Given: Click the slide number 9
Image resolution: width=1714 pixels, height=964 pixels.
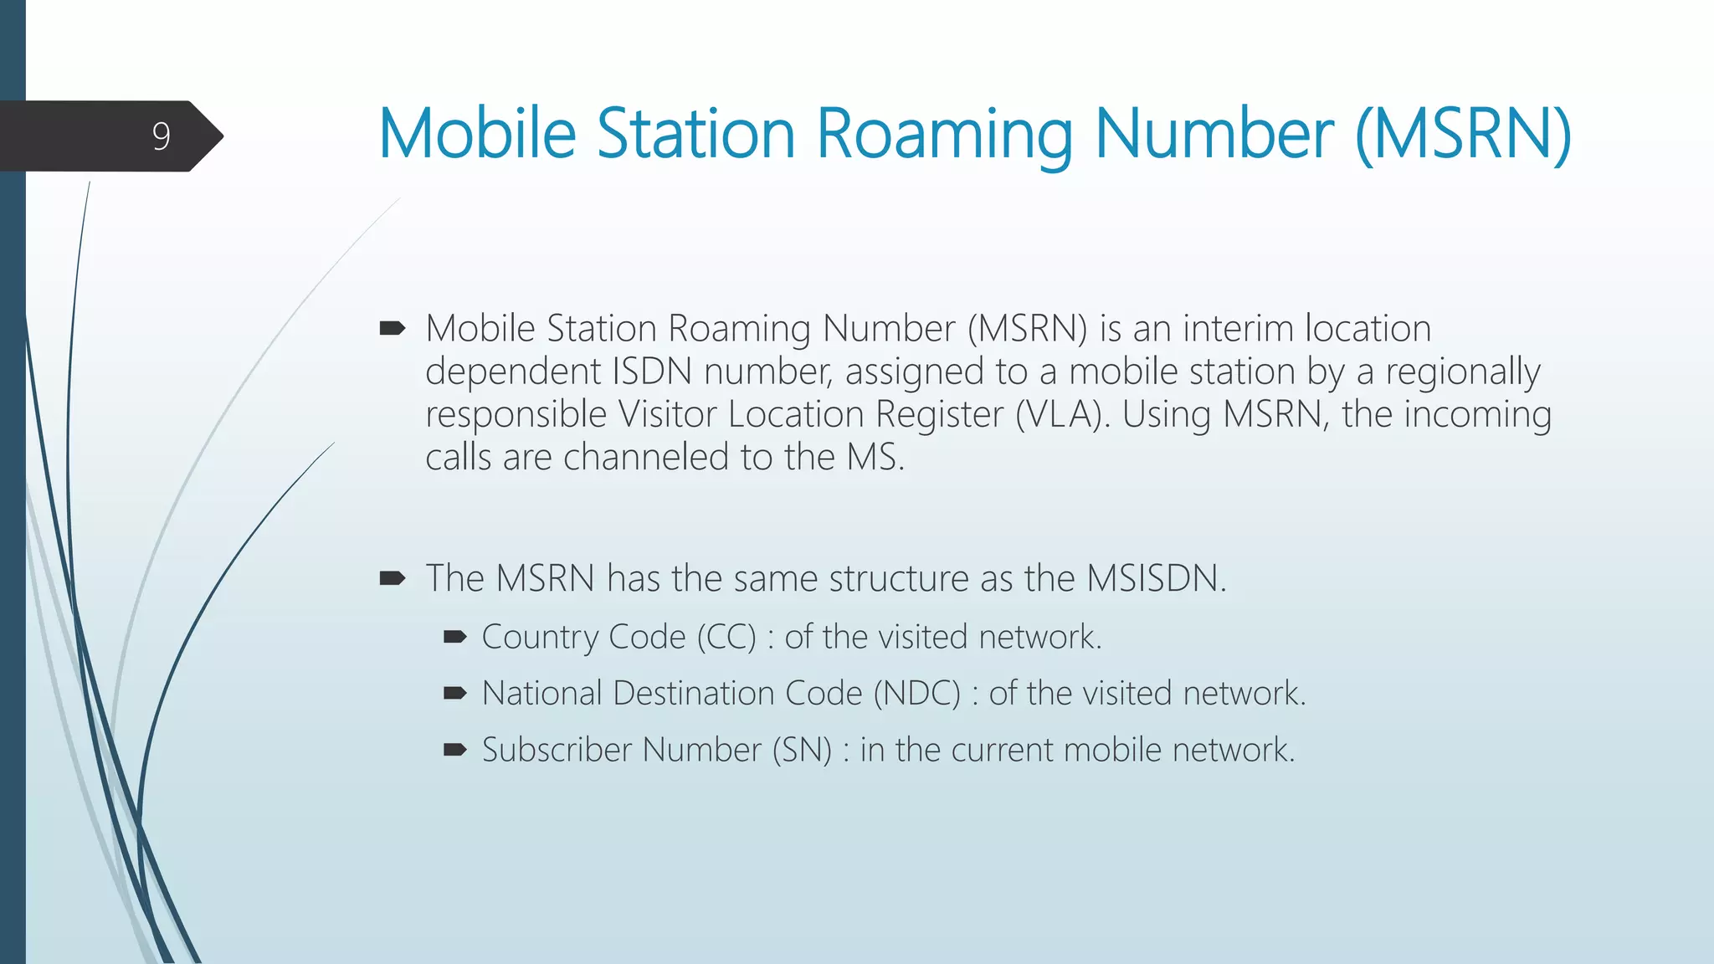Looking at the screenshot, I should (x=162, y=136).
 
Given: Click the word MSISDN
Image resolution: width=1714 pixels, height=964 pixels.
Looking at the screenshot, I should (x=1156, y=578).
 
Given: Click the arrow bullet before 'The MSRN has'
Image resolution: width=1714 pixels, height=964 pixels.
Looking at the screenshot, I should (x=392, y=578).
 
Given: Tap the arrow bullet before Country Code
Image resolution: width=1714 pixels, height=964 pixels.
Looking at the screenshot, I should (x=454, y=638).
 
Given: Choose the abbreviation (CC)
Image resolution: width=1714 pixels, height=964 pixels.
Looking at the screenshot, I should (x=726, y=638).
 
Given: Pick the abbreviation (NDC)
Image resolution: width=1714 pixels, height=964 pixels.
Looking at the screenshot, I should (x=916, y=694).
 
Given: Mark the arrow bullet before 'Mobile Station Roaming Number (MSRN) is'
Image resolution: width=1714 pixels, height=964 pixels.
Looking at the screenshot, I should (x=392, y=328).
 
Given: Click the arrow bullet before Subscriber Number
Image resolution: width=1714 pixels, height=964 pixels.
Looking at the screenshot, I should (x=454, y=750).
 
